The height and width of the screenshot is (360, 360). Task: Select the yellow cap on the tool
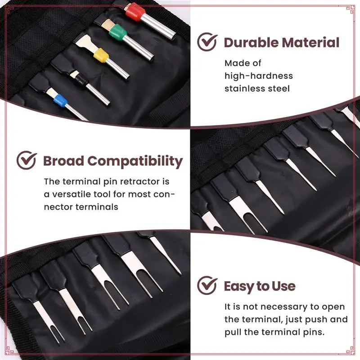[x=101, y=56]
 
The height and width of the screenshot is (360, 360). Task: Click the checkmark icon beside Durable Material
[x=207, y=43]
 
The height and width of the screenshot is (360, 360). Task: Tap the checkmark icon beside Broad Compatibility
[x=27, y=161]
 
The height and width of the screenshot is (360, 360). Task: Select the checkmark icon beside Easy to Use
[x=207, y=285]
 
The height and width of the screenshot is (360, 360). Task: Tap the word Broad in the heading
[x=63, y=161]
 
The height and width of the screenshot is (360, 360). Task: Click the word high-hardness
[x=259, y=76]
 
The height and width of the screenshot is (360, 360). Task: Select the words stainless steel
[x=257, y=88]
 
